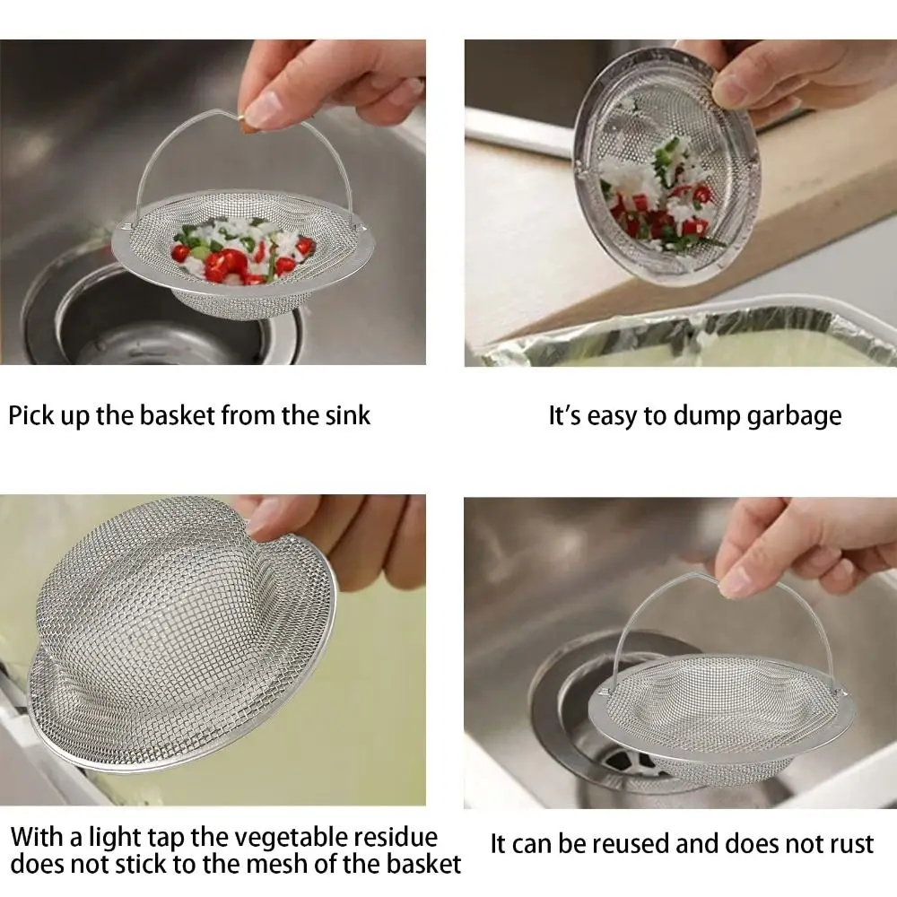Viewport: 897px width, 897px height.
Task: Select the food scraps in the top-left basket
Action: (242, 251)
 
